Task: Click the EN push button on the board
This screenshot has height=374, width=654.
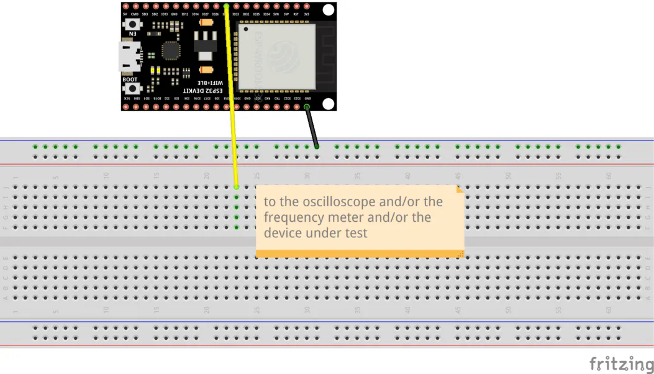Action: (x=132, y=25)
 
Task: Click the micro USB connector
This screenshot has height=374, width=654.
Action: (x=128, y=56)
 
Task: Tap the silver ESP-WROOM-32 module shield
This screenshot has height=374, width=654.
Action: (x=276, y=57)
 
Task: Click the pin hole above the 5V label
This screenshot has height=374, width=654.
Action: (x=125, y=7)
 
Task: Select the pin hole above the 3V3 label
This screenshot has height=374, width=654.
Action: (x=306, y=7)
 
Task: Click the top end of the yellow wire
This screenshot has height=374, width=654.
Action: (x=227, y=7)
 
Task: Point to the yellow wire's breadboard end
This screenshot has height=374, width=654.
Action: (x=237, y=186)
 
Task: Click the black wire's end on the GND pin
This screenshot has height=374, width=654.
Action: (x=307, y=107)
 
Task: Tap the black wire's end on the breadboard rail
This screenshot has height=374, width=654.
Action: (x=317, y=147)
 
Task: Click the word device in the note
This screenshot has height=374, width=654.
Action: (x=282, y=233)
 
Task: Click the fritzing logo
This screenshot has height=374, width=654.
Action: (x=621, y=363)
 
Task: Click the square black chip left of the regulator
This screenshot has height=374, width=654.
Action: (x=171, y=51)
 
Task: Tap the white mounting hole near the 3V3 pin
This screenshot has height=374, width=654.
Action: (x=329, y=11)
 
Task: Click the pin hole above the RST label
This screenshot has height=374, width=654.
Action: (x=296, y=7)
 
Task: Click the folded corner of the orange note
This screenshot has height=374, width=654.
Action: (x=460, y=189)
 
